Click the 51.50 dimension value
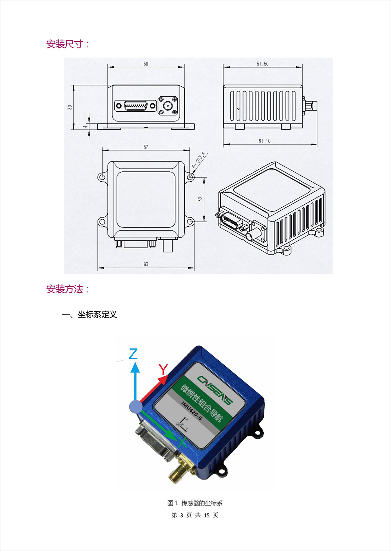pos(263,64)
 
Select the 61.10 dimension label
pos(264,141)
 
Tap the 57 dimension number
pos(146,147)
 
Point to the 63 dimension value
pos(146,264)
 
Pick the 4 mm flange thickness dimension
pos(85,127)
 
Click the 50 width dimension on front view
pos(146,64)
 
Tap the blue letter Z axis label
pos(133,354)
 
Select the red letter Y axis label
pos(163,369)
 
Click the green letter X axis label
pos(182,443)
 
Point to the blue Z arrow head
pos(135,367)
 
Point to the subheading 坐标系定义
pos(97,314)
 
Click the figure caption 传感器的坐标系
pos(202,503)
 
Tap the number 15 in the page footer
pos(207,515)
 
